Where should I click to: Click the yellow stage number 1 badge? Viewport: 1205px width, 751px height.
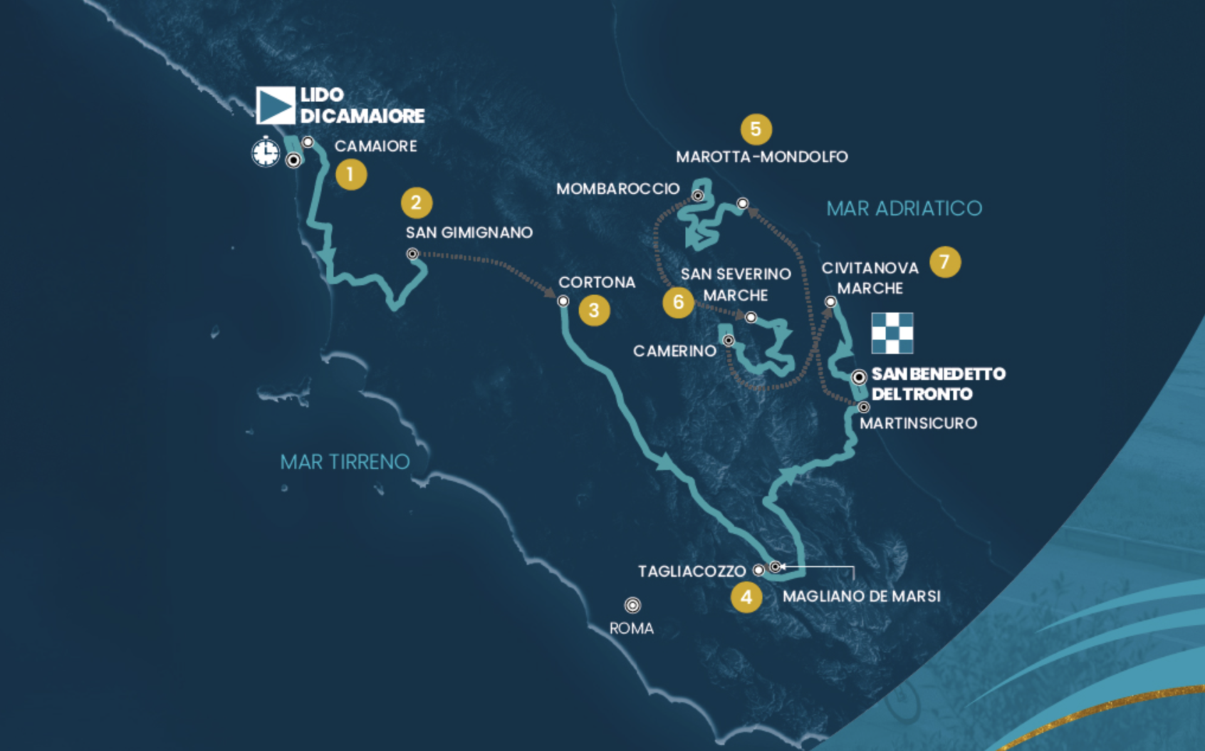coord(350,175)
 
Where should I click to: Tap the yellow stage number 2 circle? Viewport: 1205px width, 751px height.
coord(417,202)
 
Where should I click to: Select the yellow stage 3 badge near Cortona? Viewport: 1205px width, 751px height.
coord(594,310)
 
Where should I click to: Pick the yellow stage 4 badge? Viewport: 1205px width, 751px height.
coord(746,597)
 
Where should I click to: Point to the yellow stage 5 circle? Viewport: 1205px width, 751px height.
coord(756,129)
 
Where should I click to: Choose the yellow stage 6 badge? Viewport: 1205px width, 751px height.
coord(678,302)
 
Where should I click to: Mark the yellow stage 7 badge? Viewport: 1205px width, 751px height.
coord(944,262)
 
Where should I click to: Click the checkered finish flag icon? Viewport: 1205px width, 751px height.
coord(892,333)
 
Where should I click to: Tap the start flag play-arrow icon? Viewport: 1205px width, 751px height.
coord(276,105)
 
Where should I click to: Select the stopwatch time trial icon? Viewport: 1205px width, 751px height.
coord(266,152)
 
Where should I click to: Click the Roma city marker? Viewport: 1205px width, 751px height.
coord(632,605)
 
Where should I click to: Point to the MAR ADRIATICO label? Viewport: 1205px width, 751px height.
coord(904,208)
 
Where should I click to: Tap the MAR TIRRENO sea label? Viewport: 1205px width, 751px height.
coord(345,462)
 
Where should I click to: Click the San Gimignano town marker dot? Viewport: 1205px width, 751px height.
coord(412,254)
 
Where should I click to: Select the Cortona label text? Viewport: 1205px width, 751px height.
coord(597,282)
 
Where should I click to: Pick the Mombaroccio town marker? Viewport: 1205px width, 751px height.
coord(698,195)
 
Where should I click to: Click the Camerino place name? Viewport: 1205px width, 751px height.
coord(674,351)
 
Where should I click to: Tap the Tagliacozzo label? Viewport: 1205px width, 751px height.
coord(692,571)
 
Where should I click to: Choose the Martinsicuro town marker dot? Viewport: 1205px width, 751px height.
coord(864,408)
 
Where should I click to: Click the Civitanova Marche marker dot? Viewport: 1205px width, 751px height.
coord(830,302)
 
